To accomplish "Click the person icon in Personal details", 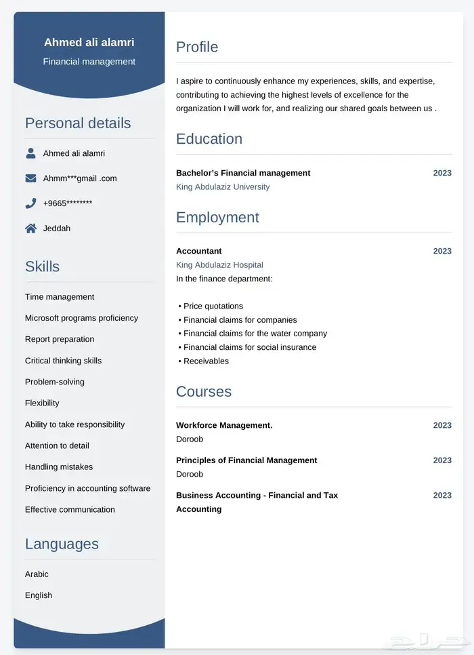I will (30, 153).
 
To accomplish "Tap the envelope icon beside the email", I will (30, 178).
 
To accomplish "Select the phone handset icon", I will (30, 203).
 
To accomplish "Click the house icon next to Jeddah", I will (30, 229).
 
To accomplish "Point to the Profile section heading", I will (197, 47).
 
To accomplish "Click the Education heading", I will (209, 139).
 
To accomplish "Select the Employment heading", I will (217, 217).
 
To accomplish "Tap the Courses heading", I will (203, 391).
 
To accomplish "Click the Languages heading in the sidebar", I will (62, 544).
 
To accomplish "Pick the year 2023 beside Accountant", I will (442, 251).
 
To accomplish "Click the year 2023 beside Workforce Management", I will (442, 425).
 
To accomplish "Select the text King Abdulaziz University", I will (223, 186).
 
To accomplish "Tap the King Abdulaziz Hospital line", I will (219, 265).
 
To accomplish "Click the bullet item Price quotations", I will (213, 306).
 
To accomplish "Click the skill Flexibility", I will (42, 403).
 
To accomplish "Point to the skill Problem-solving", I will (55, 382).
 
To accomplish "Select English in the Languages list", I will (39, 595).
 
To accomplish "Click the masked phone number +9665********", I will (68, 203).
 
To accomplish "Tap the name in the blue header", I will (89, 42).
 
